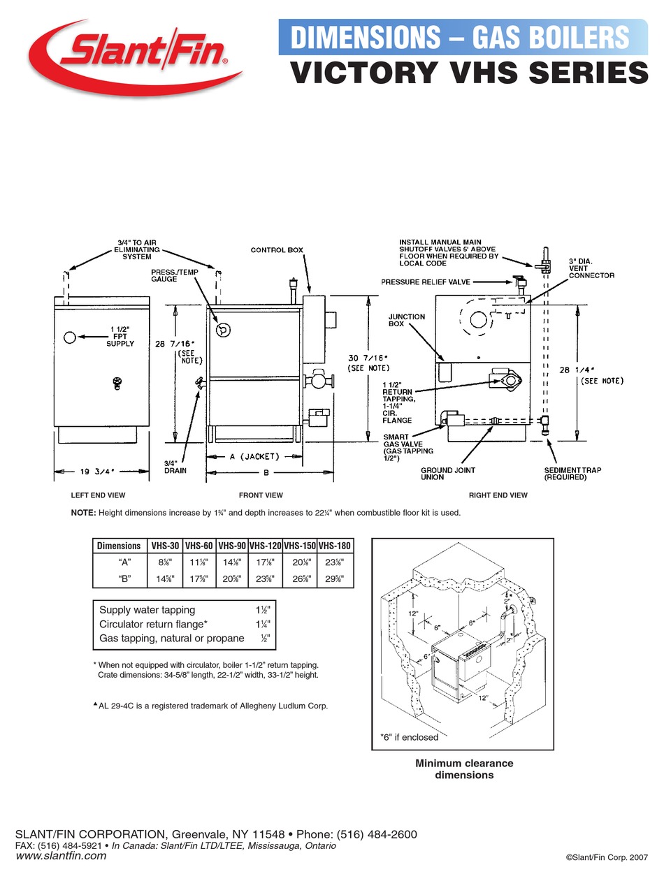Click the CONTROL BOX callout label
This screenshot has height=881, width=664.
tap(277, 250)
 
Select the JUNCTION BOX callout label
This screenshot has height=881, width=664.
tap(406, 321)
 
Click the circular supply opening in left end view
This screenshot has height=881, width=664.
tap(69, 338)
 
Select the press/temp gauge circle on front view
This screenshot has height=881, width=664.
tap(223, 329)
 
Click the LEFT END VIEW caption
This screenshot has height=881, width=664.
tap(98, 495)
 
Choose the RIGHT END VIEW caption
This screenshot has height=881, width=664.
tap(498, 495)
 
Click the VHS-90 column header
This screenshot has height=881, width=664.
tap(231, 546)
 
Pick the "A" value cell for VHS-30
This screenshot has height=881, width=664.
tap(163, 561)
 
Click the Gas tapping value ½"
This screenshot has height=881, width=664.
tap(265, 638)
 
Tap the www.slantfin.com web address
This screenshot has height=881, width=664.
tap(61, 856)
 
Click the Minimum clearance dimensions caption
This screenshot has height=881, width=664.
tap(464, 769)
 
